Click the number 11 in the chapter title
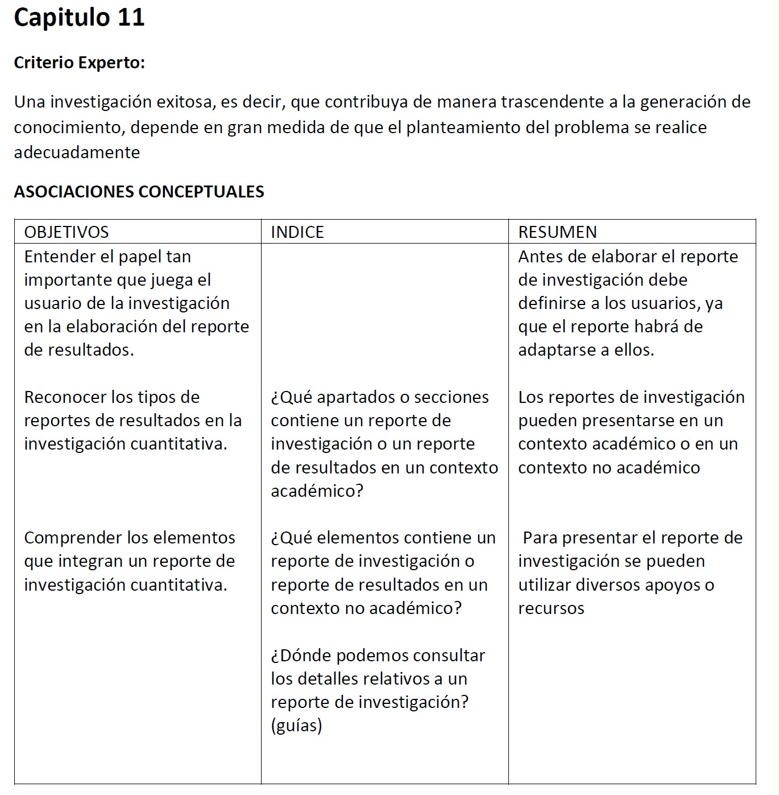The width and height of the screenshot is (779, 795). [x=131, y=17]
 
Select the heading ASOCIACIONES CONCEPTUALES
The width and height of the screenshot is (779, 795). [x=139, y=191]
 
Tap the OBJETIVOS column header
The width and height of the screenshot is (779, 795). [x=66, y=232]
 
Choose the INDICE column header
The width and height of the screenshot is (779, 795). [x=297, y=232]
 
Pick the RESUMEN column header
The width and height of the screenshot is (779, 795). [x=557, y=232]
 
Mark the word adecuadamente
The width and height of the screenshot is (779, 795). [x=77, y=152]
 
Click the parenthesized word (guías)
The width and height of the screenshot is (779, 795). [x=296, y=726]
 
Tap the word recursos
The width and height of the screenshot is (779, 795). [x=551, y=608]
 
